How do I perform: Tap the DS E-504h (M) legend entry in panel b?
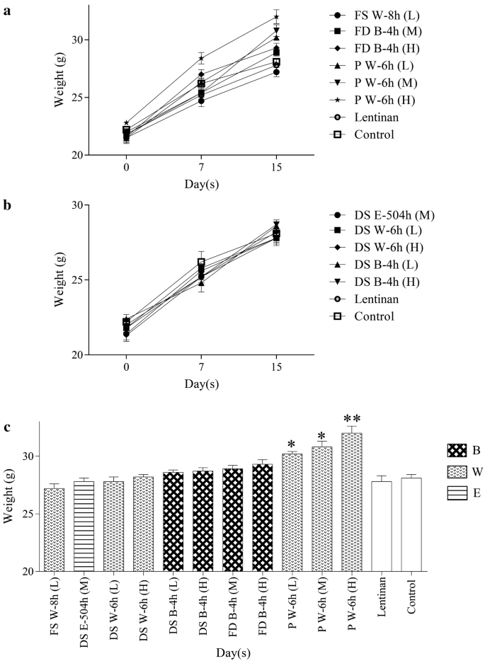(x=377, y=214)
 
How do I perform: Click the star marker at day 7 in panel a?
(x=201, y=59)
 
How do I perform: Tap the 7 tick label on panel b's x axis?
(x=201, y=368)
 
